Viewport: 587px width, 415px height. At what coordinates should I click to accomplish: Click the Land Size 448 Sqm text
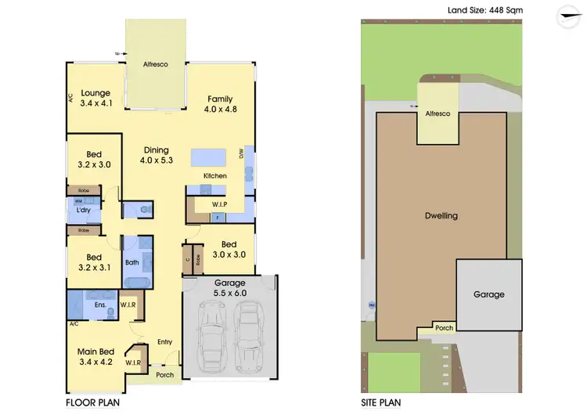pos(484,10)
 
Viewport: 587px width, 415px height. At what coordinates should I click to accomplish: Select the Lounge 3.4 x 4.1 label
pos(95,97)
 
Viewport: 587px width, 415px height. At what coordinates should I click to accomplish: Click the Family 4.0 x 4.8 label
pos(219,103)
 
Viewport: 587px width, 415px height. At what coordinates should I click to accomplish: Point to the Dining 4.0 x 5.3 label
pos(156,155)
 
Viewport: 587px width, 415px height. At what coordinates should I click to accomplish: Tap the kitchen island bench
pos(215,155)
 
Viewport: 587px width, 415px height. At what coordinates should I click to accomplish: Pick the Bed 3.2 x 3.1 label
pos(93,262)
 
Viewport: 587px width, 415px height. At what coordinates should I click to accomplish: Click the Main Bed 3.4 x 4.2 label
pos(96,357)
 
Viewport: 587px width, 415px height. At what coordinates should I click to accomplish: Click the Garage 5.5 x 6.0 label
pos(229,287)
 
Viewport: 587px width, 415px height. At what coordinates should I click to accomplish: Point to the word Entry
pos(164,341)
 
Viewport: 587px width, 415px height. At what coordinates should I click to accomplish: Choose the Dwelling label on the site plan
pos(441,215)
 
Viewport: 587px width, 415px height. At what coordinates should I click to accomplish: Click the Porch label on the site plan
pos(444,328)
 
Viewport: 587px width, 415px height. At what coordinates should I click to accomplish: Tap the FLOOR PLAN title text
pos(92,402)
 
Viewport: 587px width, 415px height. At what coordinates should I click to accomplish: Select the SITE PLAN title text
pos(381,402)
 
